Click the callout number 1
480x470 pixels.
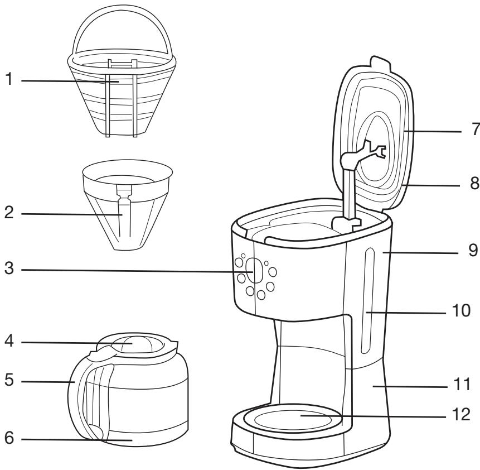(9, 79)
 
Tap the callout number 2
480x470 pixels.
(9, 212)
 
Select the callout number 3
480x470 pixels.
(9, 268)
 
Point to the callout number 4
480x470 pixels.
(9, 340)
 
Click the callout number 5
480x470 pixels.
(9, 380)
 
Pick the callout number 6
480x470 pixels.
(9, 437)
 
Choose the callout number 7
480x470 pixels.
(476, 129)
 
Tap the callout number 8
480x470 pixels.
(475, 183)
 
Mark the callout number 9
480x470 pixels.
(473, 250)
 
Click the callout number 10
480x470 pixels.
(462, 310)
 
